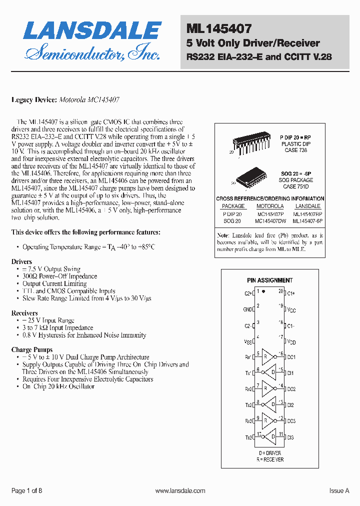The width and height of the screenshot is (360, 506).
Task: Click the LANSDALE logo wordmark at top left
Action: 92,31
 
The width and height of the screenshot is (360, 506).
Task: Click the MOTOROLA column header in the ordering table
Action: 270,206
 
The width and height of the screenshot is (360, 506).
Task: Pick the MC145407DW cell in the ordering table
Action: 270,220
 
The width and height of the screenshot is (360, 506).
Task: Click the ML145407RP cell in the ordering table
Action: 307,213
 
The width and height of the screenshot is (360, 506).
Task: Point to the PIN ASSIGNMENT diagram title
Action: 270,280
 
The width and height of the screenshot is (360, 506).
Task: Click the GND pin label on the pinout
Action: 247,309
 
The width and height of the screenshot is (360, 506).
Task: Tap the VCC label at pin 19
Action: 291,310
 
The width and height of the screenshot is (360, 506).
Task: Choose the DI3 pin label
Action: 290,437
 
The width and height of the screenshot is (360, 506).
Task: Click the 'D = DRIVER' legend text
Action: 270,453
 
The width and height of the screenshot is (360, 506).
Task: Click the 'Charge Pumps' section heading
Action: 32,349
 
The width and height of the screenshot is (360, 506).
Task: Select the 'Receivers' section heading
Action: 24,313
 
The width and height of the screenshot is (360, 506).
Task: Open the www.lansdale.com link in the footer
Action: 180,491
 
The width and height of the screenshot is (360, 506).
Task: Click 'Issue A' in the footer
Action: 339,491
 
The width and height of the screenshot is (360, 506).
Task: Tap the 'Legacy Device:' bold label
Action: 34,100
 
